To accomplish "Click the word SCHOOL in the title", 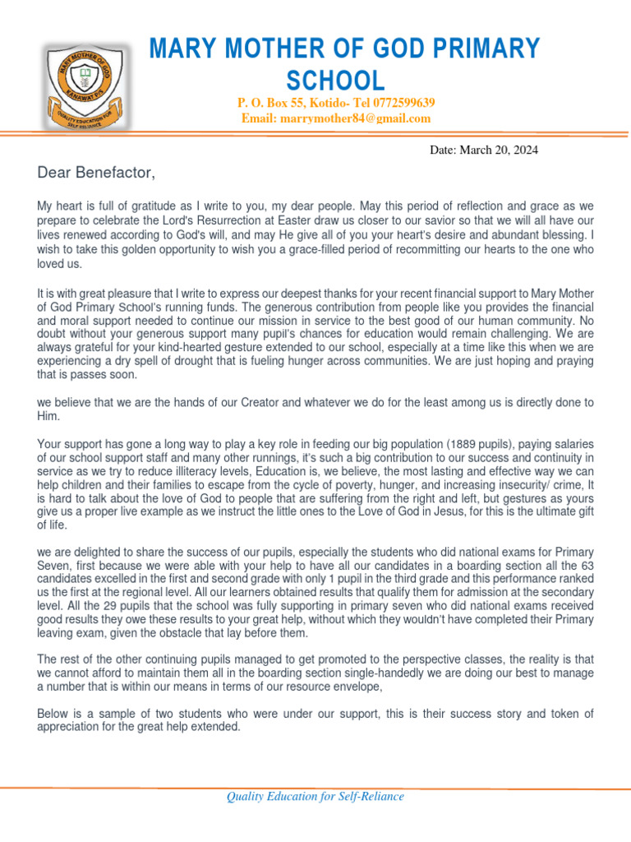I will point(334,81).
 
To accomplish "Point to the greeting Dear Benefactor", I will point(96,173).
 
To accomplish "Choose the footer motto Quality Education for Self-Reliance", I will point(315,796).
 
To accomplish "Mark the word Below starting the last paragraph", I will point(54,714).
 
